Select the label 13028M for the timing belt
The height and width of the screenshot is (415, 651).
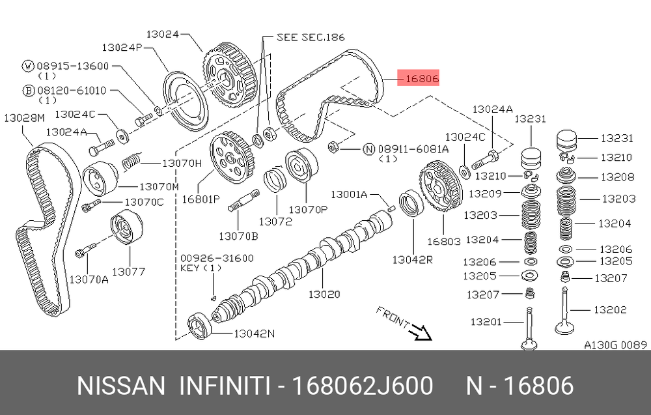24,118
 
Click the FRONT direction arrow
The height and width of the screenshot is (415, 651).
421,332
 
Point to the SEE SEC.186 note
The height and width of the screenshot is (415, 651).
311,37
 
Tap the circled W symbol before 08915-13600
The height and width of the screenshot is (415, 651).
28,66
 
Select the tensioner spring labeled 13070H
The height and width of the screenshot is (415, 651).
133,160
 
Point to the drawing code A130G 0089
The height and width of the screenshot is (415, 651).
615,345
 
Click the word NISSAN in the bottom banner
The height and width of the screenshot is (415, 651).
121,386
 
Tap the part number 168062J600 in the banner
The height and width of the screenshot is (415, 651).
362,386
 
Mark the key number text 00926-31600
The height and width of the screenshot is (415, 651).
217,258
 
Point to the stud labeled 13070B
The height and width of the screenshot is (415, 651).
244,199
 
